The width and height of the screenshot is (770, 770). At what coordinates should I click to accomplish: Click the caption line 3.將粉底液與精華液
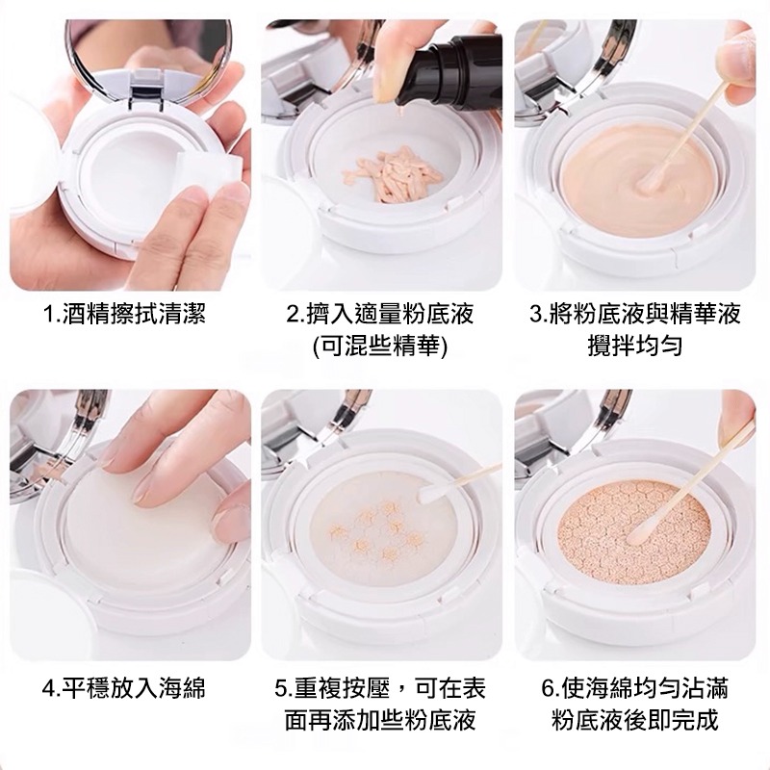635,315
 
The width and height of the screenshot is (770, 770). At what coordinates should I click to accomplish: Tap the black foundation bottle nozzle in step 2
424,73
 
